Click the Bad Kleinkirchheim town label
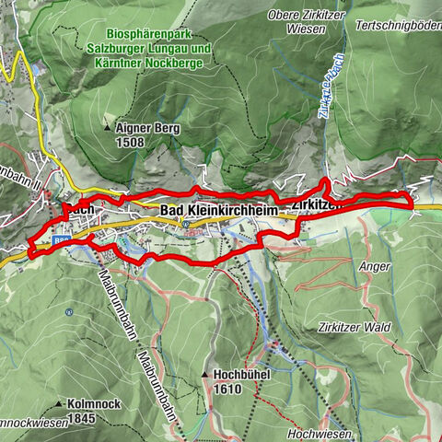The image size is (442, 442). pos(219,212)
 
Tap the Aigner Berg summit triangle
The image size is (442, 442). pos(108,126)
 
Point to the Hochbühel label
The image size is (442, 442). pos(241,376)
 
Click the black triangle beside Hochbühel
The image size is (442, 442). pos(204,376)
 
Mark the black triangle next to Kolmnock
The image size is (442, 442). pos(58,403)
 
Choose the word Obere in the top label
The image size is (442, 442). pos(283,15)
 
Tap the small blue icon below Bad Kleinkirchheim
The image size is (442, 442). pos(186,224)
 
